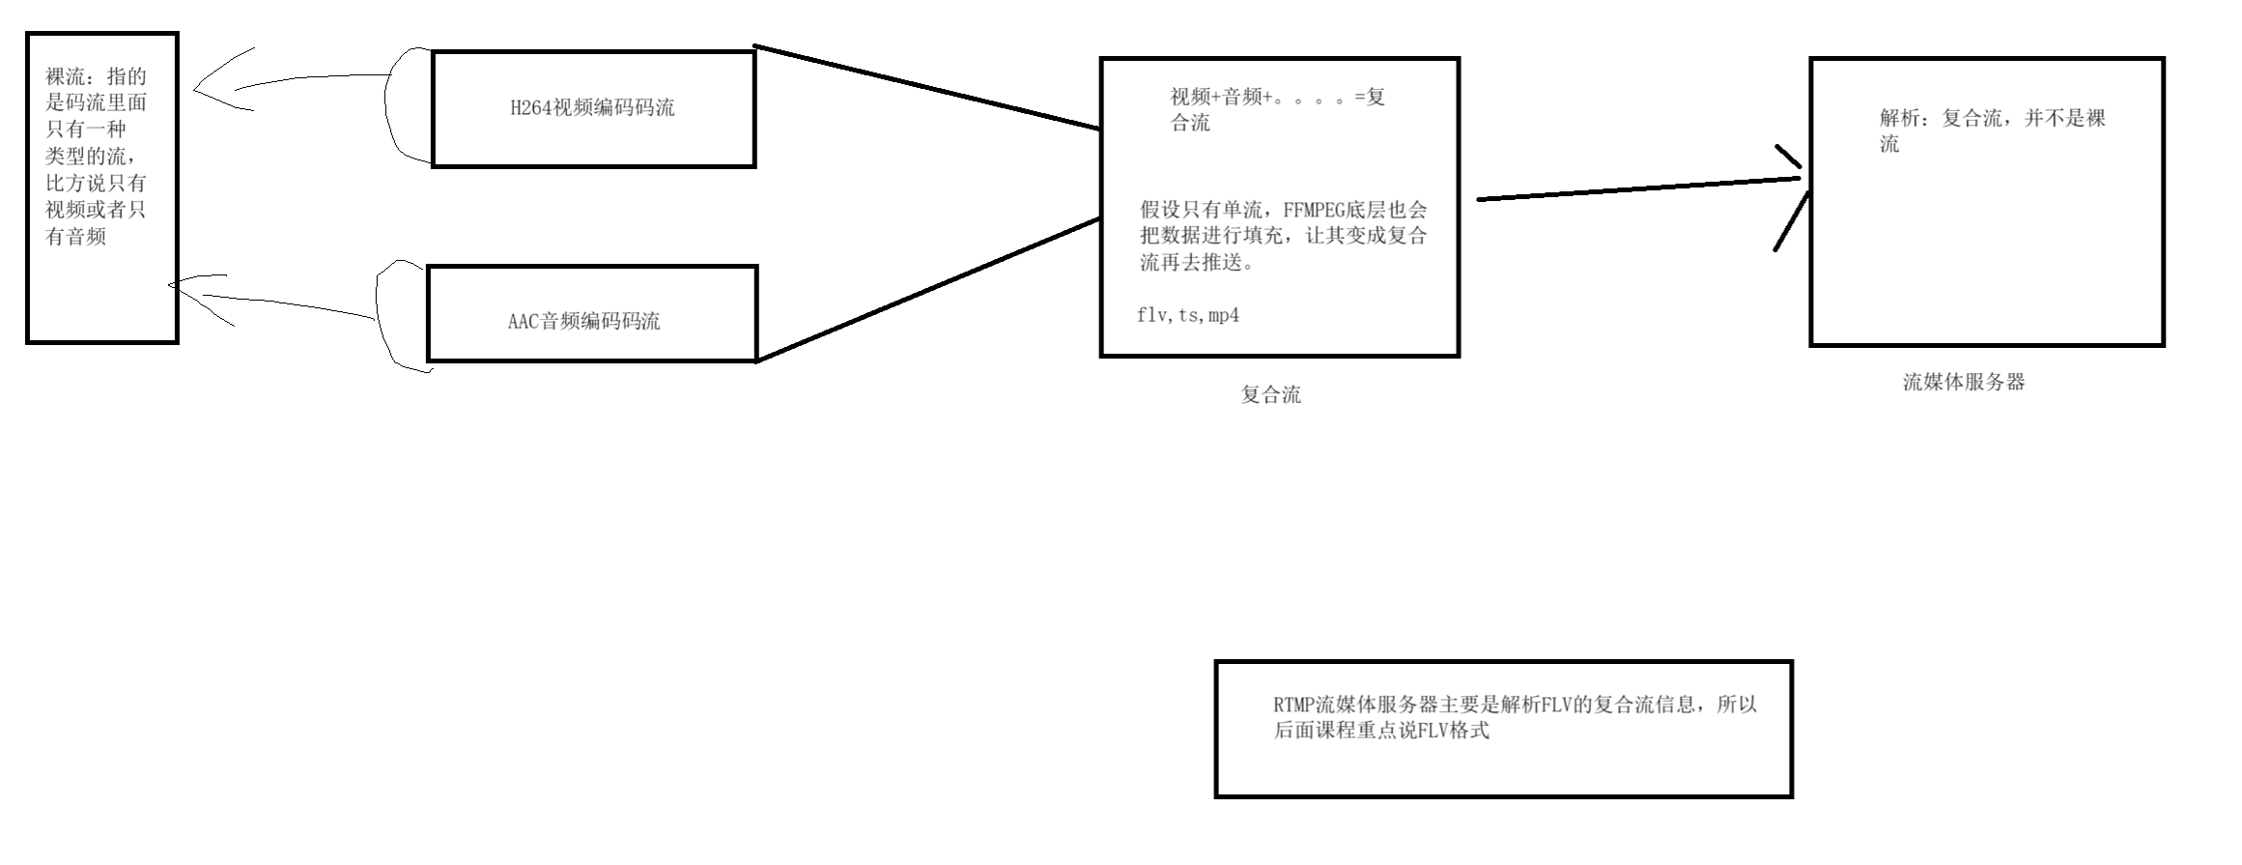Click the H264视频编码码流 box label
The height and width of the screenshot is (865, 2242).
pyautogui.click(x=592, y=108)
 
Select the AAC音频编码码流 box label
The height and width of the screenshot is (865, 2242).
pyautogui.click(x=583, y=322)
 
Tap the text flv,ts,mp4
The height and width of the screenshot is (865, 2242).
pyautogui.click(x=1188, y=315)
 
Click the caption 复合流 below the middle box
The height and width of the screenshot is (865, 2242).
pyautogui.click(x=1270, y=394)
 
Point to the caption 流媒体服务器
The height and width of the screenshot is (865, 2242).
pyautogui.click(x=1963, y=382)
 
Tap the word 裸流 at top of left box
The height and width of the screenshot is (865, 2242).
pyautogui.click(x=65, y=76)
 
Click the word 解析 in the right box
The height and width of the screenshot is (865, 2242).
pyautogui.click(x=1899, y=119)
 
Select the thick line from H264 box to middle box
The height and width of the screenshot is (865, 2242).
pyautogui.click(x=927, y=87)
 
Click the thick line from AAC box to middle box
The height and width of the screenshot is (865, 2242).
pyautogui.click(x=927, y=290)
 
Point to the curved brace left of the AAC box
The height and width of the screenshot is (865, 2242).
pyautogui.click(x=380, y=314)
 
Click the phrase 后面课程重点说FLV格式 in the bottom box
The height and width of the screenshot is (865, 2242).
pyautogui.click(x=1381, y=731)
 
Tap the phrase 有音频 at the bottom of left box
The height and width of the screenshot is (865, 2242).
pyautogui.click(x=75, y=237)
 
